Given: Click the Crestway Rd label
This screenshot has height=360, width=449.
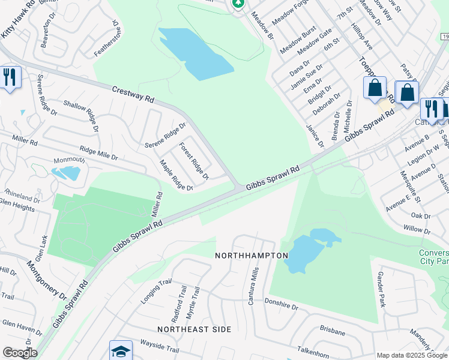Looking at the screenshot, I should pyautogui.click(x=133, y=94).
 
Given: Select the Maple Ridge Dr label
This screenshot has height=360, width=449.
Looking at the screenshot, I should pyautogui.click(x=175, y=175).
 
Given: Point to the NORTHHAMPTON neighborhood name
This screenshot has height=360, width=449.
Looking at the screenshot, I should pyautogui.click(x=252, y=256).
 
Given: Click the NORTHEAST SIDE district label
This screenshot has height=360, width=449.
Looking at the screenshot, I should pyautogui.click(x=194, y=329).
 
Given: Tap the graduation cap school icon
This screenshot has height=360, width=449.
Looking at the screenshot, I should pyautogui.click(x=120, y=350).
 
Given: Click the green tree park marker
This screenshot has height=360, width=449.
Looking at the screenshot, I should pyautogui.click(x=238, y=4).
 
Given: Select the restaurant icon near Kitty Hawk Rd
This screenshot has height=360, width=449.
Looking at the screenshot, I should pyautogui.click(x=10, y=77).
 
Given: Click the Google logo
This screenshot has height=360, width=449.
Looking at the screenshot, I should pyautogui.click(x=19, y=353).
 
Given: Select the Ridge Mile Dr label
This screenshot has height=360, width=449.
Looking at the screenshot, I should pyautogui.click(x=98, y=152).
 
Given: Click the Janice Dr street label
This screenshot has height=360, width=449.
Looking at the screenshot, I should pyautogui.click(x=314, y=136).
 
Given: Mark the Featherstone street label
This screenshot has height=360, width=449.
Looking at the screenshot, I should pyautogui.click(x=106, y=38).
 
